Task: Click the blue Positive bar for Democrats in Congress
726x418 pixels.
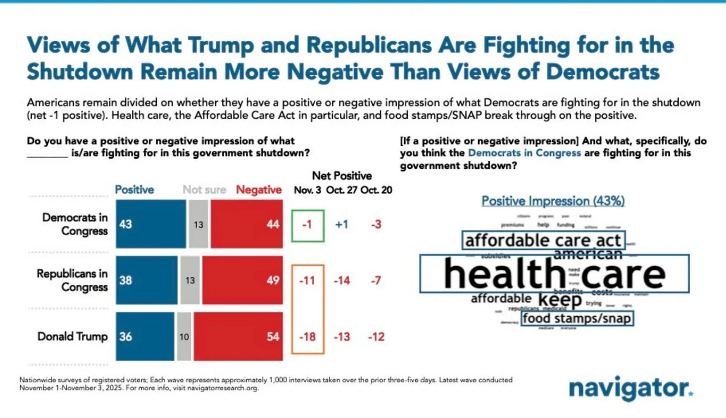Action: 151,225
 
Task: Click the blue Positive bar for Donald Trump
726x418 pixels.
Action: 145,337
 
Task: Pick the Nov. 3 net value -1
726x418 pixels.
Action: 308,225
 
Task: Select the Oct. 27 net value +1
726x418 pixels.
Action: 342,225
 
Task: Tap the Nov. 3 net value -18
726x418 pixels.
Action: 308,337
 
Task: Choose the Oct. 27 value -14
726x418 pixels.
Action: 342,281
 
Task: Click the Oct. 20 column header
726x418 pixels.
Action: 377,190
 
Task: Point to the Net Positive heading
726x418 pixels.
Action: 342,176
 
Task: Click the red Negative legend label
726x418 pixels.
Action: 259,190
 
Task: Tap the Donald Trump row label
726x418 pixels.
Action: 73,337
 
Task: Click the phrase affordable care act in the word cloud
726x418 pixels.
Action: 543,240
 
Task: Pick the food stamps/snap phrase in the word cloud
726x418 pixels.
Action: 576,319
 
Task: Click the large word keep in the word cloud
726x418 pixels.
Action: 560,300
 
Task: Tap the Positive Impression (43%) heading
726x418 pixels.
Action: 553,201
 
